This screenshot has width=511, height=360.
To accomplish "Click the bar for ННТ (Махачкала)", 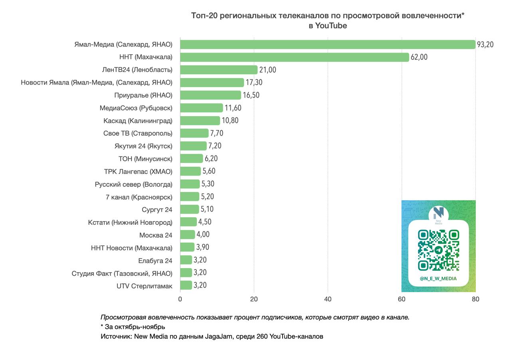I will click(x=295, y=57).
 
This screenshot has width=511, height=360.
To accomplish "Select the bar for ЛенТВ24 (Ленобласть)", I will click(x=219, y=70).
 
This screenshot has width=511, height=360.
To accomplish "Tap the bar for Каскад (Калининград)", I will click(x=200, y=121).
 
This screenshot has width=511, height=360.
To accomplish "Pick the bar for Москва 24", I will click(x=188, y=235).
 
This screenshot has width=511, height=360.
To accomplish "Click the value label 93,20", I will click(x=485, y=44).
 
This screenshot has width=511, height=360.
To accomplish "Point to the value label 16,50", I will click(x=251, y=95).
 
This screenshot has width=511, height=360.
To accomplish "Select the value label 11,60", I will click(x=233, y=108).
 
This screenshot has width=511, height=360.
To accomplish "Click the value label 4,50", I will click(x=205, y=222).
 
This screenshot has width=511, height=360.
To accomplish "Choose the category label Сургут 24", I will click(x=157, y=210).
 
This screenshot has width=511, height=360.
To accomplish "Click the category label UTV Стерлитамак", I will click(x=145, y=286).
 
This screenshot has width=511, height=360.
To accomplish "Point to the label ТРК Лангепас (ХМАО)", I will click(x=138, y=172).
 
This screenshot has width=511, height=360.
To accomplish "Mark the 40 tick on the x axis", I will click(x=328, y=299).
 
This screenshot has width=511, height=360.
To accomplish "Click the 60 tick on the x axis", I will click(x=402, y=299).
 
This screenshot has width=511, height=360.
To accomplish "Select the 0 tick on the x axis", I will click(x=180, y=299).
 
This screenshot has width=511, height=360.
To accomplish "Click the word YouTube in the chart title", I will click(x=331, y=26).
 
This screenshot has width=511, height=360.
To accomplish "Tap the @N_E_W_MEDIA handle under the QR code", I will click(x=438, y=279).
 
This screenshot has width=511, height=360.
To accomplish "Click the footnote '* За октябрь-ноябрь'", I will click(x=133, y=327).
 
